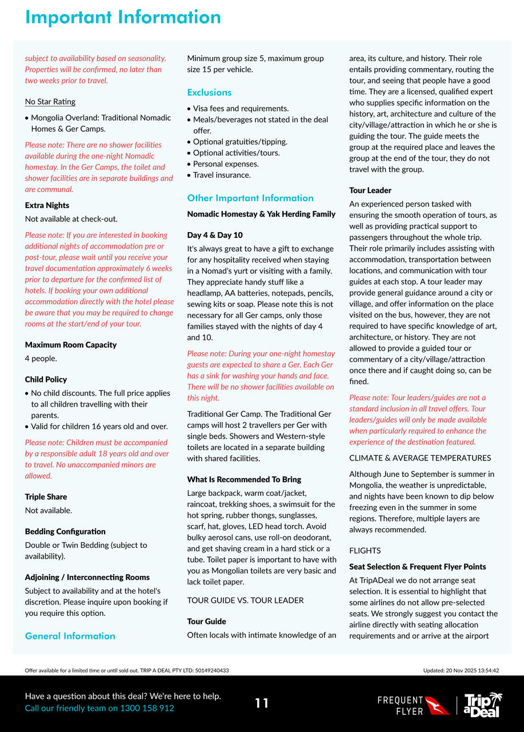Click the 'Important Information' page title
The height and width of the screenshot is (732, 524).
pos(123,17)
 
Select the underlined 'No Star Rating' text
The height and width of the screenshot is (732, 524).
pos(50,102)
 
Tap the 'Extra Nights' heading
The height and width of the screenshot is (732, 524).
pos(47,205)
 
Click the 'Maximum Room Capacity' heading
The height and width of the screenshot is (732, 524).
pos(71,345)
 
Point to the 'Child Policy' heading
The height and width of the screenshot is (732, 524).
pos(46,380)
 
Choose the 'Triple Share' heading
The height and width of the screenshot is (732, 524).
pos(46,497)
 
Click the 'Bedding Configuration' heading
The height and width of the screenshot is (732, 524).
pos(65,532)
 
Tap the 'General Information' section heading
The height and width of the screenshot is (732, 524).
pos(70,636)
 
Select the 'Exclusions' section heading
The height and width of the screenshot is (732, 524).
pos(210,93)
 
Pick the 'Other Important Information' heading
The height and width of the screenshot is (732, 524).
pos(250,198)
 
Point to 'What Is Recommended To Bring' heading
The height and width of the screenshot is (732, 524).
pos(244,479)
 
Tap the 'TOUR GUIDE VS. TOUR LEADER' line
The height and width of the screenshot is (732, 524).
pos(245,600)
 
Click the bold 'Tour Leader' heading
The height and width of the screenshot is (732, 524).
pos(370,190)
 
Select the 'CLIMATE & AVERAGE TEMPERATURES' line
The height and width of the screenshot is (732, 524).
pos(420,458)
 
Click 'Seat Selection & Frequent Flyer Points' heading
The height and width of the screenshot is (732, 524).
pos(418,567)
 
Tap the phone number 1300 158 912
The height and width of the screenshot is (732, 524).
pos(147,708)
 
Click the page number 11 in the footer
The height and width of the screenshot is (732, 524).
pos(262,703)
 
